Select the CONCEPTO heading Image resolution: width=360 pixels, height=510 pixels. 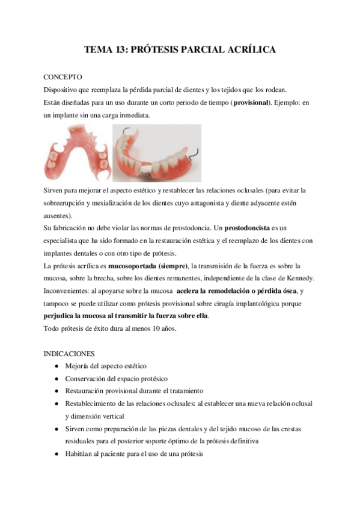pos(64,78)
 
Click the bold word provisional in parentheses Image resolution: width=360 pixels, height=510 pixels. pos(252,102)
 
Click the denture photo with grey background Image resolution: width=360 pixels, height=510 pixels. pos(157,153)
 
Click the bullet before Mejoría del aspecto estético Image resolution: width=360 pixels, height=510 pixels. pos(56,366)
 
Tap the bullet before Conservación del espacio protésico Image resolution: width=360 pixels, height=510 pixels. pos(56,379)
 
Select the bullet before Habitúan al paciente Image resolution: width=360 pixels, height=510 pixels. pos(56,455)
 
